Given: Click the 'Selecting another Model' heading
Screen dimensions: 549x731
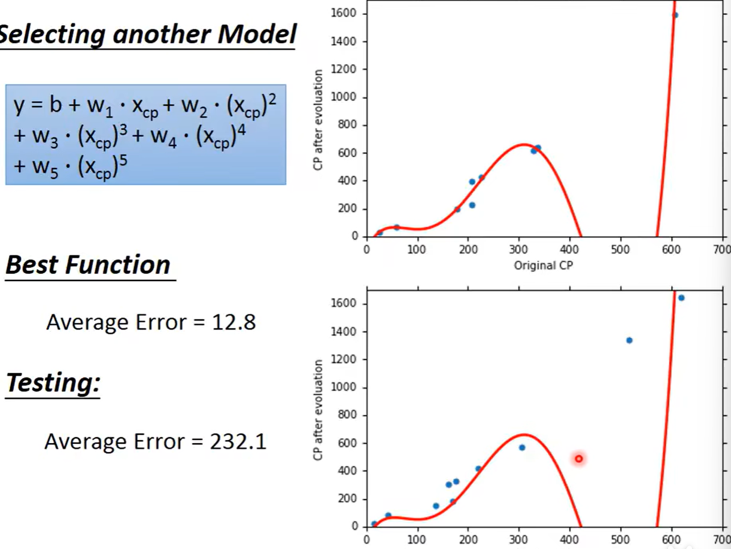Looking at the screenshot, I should [147, 35].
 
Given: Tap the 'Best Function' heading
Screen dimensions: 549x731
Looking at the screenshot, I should [88, 265].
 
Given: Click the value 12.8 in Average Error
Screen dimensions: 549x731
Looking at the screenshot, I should [234, 323].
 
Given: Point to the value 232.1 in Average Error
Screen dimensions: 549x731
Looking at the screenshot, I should [239, 442].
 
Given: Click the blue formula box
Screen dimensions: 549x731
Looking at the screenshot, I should [145, 135].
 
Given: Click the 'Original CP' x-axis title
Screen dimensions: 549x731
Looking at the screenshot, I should [543, 266].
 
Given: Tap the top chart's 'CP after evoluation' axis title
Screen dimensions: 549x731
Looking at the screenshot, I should [318, 120].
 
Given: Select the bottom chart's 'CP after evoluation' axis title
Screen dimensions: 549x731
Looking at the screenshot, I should [318, 410].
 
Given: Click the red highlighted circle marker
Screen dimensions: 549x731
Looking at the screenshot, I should [579, 459].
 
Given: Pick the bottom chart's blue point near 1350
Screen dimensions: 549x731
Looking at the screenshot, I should [629, 340].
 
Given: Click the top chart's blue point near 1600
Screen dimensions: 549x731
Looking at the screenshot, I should [675, 16].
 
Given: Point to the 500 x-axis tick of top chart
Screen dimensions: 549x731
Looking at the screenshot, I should [620, 249].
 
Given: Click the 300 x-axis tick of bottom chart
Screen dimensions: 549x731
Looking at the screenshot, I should [518, 539].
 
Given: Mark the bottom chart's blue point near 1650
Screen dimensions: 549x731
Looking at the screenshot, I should [681, 298].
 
